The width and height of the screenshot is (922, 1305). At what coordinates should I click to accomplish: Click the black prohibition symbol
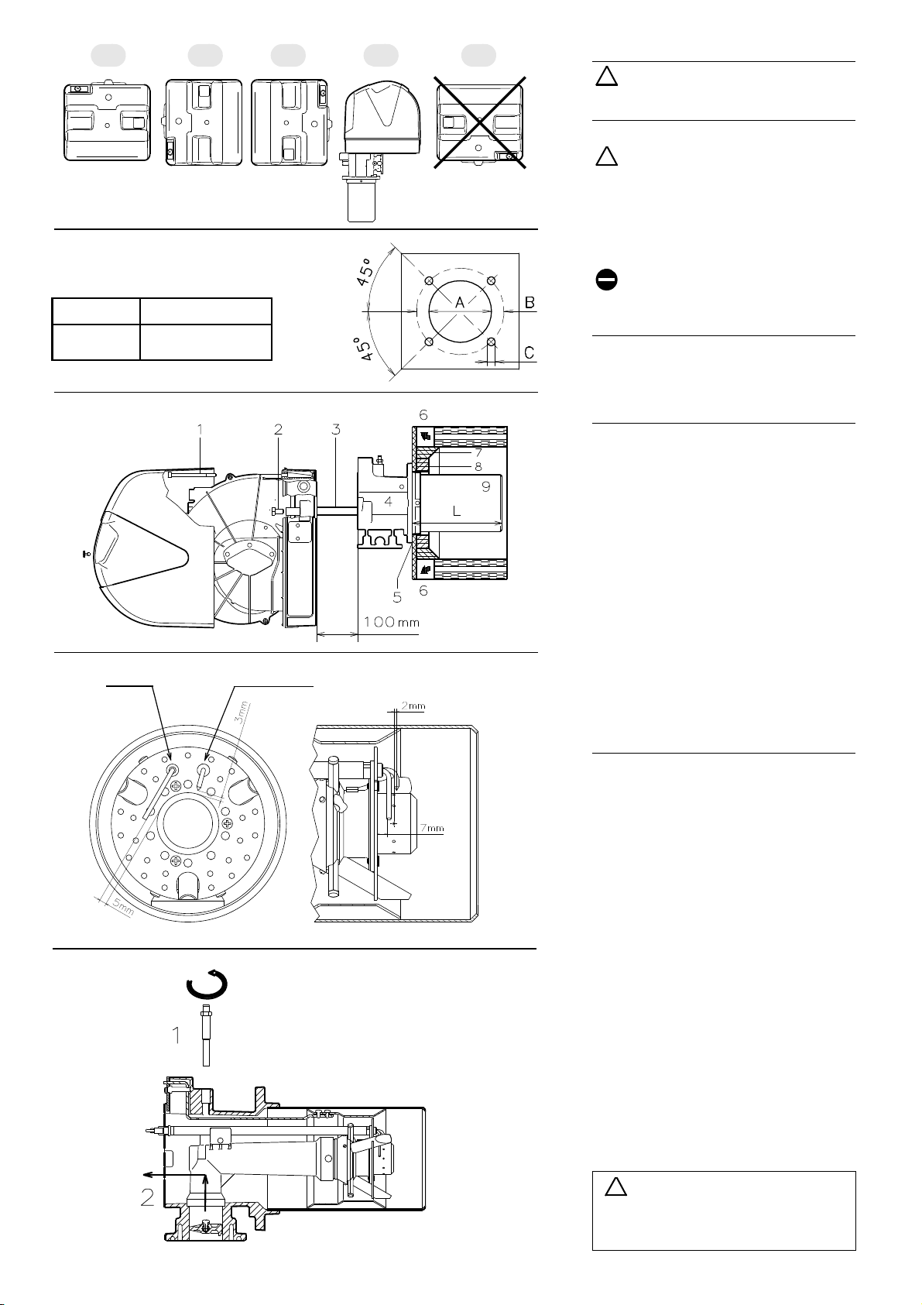point(606,280)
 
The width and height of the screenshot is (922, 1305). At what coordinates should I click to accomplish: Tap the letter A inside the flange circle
point(460,302)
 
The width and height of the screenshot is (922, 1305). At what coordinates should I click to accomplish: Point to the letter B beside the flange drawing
point(530,302)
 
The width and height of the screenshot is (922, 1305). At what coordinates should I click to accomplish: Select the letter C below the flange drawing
point(529,352)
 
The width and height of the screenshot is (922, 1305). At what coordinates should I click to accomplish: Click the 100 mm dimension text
point(392,622)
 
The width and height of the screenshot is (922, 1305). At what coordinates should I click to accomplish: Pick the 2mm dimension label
point(413,706)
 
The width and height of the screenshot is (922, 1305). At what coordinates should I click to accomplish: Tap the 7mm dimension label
point(432,828)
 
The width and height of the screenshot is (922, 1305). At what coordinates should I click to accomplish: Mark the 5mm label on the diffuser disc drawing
point(123,906)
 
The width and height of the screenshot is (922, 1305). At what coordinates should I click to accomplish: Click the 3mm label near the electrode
point(242,713)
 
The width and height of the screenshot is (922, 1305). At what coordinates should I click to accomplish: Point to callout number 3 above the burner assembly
point(336,429)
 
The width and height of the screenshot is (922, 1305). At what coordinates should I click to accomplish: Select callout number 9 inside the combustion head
point(485,486)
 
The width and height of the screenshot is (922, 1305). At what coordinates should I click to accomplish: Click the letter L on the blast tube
point(457,511)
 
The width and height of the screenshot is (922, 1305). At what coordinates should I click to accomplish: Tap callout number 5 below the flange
point(397,597)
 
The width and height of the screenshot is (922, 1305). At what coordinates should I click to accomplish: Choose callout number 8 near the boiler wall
point(478,466)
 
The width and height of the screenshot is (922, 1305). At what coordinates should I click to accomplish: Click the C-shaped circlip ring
point(207,984)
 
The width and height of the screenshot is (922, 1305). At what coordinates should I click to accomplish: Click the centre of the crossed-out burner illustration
point(479,122)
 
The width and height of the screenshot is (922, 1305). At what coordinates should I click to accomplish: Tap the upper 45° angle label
point(365,272)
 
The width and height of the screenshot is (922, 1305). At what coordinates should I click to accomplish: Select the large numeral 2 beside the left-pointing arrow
point(147,1197)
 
